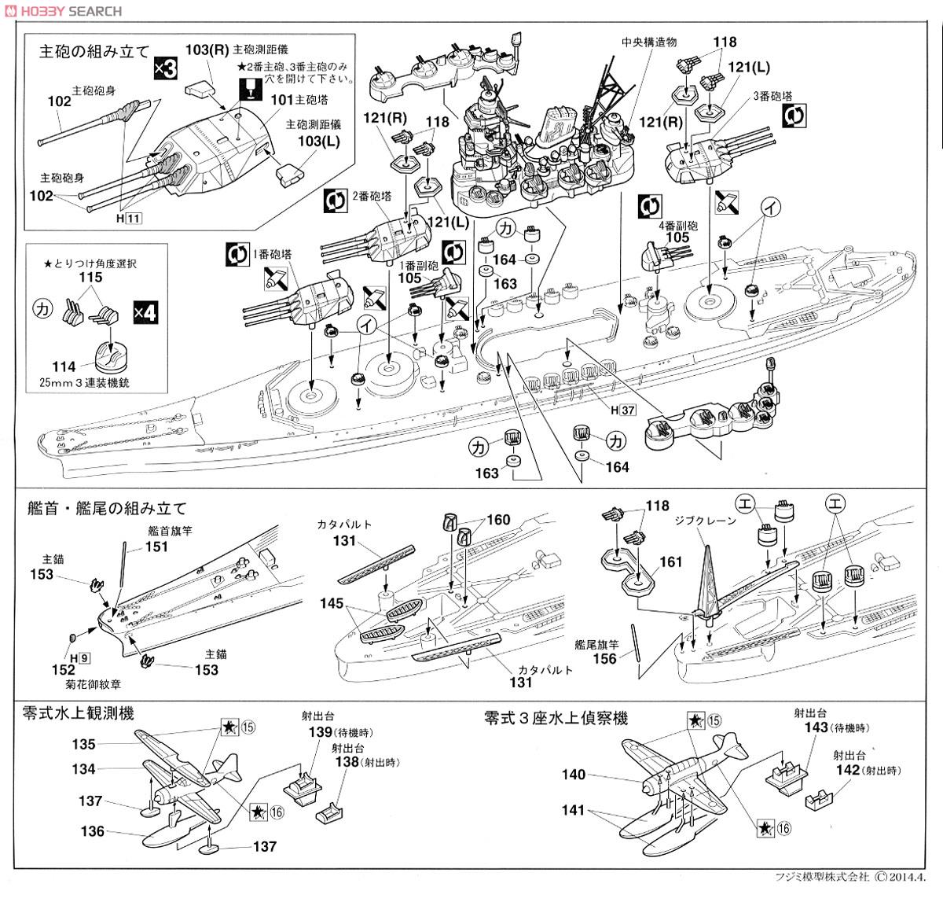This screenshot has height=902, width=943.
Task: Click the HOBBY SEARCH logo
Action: click(x=63, y=10)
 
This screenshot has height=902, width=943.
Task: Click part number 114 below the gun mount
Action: click(x=64, y=366)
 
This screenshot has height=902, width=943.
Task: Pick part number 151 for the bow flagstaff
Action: click(x=157, y=547)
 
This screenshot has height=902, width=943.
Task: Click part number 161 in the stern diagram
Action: click(x=672, y=562)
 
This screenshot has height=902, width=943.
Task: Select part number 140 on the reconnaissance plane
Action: click(x=574, y=775)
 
